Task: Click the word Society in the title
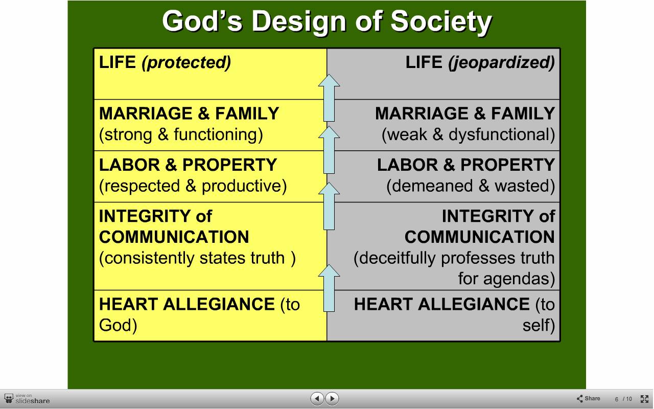click(441, 21)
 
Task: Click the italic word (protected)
click(186, 62)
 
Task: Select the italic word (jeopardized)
click(501, 62)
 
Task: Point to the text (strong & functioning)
click(181, 134)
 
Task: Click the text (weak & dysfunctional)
click(469, 134)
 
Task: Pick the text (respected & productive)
click(193, 186)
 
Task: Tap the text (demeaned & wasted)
click(471, 186)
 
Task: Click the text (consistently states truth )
click(197, 258)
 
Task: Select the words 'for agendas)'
click(506, 279)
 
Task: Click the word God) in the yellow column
click(118, 326)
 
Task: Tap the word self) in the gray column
click(539, 326)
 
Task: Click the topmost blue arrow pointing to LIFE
click(329, 98)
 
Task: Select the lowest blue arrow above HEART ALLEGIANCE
click(329, 288)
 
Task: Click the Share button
click(588, 398)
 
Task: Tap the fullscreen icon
click(644, 399)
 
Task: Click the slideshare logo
click(27, 399)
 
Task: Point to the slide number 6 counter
click(616, 399)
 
